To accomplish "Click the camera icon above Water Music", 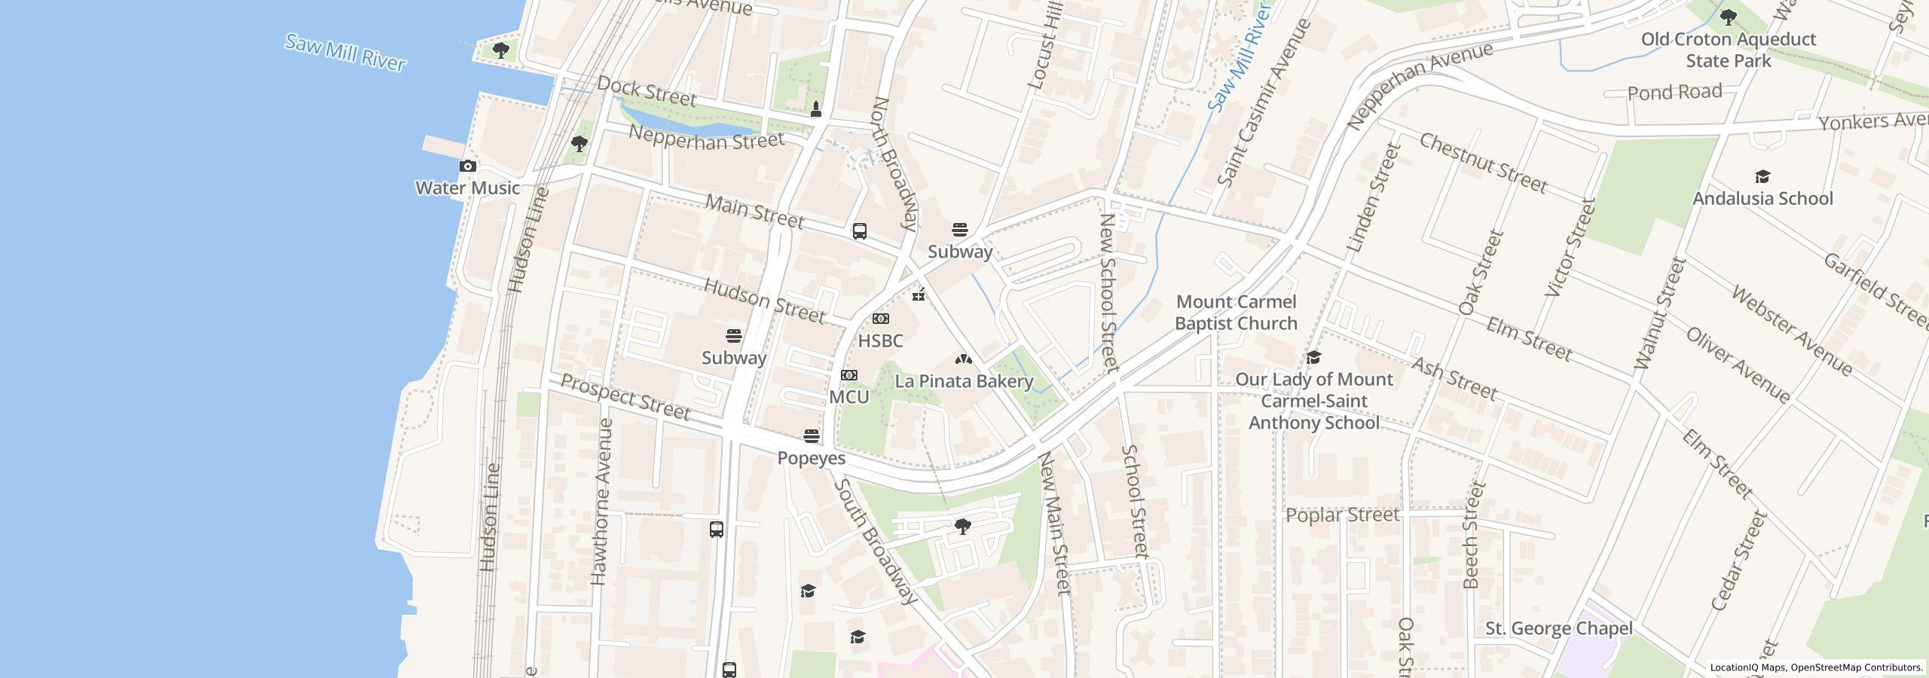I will click(x=468, y=166).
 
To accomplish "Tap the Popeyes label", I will click(x=811, y=458).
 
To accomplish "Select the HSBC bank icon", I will click(x=880, y=319).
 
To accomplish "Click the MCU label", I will click(x=848, y=397).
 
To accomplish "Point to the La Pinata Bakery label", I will click(x=963, y=381).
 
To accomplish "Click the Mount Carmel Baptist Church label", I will click(x=1236, y=313).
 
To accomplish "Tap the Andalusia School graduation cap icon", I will click(x=1762, y=177).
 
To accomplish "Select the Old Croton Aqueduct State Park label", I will click(x=1729, y=50).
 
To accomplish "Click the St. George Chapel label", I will click(x=1558, y=628).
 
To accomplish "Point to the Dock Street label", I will click(x=647, y=91).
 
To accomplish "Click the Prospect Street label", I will click(x=625, y=398).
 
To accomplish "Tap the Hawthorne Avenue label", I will click(x=601, y=502).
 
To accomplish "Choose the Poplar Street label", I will click(x=1342, y=515).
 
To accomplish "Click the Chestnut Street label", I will click(x=1483, y=163).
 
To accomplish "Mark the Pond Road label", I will click(x=1674, y=93).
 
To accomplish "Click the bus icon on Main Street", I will click(x=859, y=231).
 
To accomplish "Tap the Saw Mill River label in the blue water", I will click(x=345, y=53).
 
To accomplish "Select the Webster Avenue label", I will click(x=1790, y=331).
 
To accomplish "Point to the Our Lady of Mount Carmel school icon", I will click(x=1313, y=357).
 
